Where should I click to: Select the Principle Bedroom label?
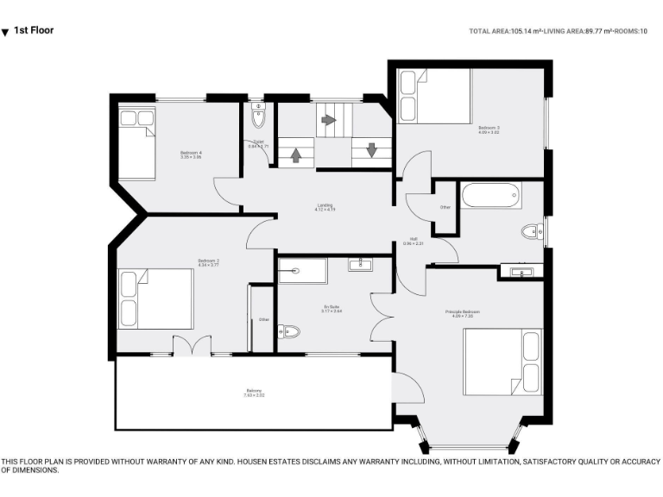tap(462, 313)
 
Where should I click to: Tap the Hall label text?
tap(414, 241)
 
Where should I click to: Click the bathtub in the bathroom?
tap(491, 195)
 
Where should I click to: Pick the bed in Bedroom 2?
tap(155, 299)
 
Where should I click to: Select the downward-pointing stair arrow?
tap(371, 150)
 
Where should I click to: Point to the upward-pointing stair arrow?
tap(295, 155)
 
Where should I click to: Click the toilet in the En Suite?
tap(288, 331)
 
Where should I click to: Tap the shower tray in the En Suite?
tap(303, 270)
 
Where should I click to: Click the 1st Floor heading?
tap(34, 30)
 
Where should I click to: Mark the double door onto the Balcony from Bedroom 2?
tap(191, 345)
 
